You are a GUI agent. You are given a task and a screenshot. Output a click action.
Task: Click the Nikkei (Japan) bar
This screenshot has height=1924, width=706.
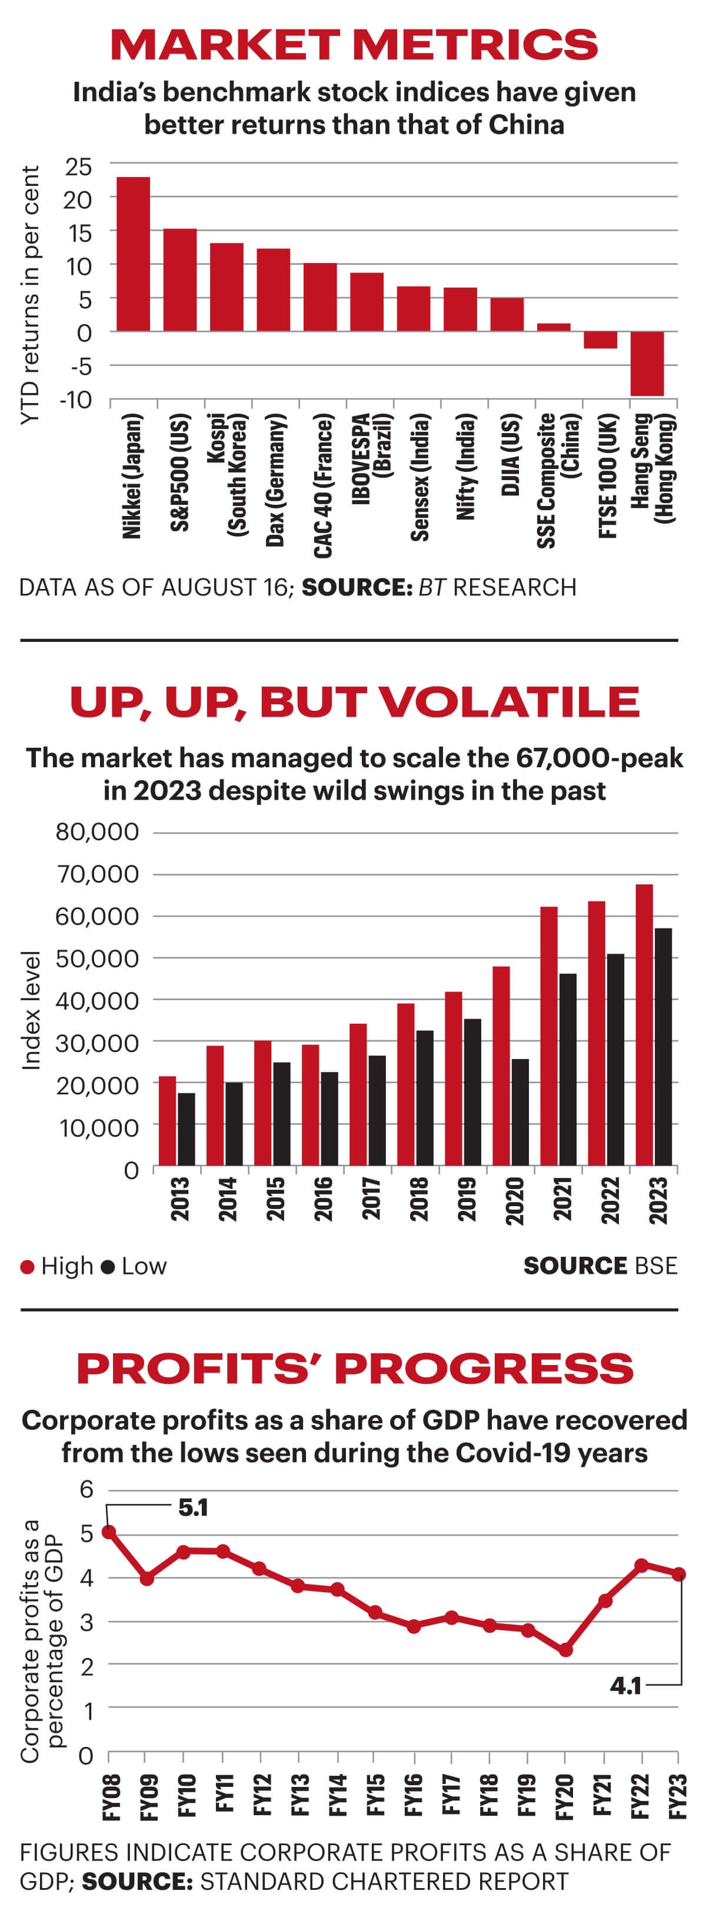point(133,254)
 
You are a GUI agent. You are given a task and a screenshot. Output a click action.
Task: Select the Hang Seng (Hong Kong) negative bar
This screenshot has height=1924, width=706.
point(647,364)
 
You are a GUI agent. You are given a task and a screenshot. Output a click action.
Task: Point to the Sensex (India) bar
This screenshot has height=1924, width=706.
point(413,308)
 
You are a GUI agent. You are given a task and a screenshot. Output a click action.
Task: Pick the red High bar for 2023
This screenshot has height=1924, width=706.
point(644,1025)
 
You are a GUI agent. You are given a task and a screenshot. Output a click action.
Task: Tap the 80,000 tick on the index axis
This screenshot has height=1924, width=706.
point(97,832)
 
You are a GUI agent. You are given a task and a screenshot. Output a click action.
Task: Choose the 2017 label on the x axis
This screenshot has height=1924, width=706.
point(371,1198)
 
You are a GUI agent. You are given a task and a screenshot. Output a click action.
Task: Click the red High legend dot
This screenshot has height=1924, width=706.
point(28,1267)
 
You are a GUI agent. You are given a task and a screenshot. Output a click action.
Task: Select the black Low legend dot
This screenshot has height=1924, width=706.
point(108,1267)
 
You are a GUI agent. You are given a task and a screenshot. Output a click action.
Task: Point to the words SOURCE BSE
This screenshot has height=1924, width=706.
point(600,1266)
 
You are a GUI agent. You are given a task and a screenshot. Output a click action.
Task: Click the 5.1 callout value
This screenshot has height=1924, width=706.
point(193,1508)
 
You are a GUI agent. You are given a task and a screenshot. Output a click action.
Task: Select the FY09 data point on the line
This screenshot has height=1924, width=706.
point(147,1579)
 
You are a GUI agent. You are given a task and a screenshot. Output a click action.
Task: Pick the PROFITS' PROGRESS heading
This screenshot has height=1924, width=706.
point(354,1369)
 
